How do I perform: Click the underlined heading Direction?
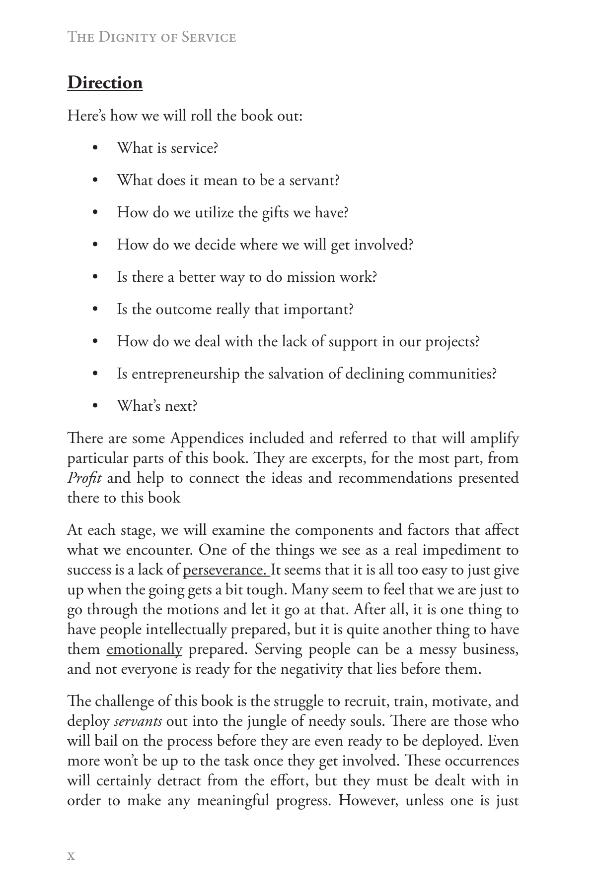pos(105,82)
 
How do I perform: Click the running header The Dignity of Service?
pos(151,37)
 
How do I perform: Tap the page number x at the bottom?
pos(71,855)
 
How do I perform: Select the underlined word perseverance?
pos(226,570)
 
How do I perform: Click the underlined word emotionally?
pos(145,649)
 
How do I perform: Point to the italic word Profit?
pos(84,478)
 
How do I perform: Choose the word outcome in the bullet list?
pos(184,310)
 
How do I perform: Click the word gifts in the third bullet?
pos(275,213)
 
